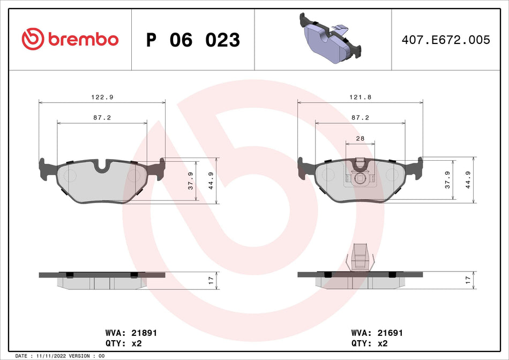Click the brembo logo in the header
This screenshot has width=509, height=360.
[70, 39]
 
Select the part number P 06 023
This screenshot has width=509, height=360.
[193, 40]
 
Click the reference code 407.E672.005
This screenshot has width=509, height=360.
[446, 40]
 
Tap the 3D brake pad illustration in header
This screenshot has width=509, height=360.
[328, 39]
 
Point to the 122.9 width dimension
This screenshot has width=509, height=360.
[102, 97]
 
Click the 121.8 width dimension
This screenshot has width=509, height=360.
[360, 97]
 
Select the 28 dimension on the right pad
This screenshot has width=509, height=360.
[360, 138]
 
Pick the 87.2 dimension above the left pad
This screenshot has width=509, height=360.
[102, 117]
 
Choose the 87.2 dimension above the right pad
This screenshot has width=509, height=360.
[360, 117]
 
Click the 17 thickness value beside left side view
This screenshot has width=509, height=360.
[211, 280]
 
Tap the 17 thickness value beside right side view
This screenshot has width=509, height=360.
[468, 280]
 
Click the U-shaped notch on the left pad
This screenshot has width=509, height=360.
[102, 166]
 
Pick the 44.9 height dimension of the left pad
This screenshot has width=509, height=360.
[211, 181]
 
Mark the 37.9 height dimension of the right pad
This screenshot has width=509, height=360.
[448, 181]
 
